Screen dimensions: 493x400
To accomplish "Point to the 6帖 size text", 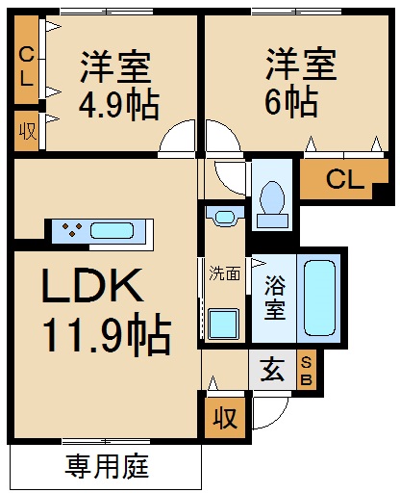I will [294, 100].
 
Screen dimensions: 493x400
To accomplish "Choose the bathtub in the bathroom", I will [319, 296].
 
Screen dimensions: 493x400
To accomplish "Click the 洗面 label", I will [225, 272].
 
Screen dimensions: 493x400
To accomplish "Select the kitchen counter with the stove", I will [100, 231].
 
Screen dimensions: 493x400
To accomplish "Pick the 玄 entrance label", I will [270, 371].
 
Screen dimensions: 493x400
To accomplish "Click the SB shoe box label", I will [307, 370].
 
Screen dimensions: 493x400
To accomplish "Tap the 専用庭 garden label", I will [106, 468].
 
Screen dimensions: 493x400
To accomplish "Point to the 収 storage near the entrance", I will [225, 417].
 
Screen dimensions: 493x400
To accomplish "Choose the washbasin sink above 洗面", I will [225, 216].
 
